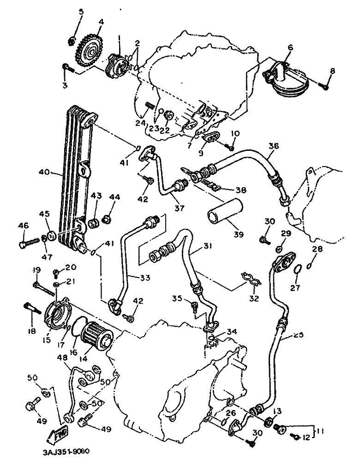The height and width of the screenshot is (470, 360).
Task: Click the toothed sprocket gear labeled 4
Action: [90, 50]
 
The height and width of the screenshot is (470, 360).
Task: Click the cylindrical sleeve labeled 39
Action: [225, 210]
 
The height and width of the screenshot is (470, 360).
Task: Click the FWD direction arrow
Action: [57, 434]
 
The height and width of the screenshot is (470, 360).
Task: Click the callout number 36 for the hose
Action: [274, 146]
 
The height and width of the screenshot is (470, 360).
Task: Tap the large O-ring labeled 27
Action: [297, 269]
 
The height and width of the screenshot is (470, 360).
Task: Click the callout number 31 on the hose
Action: [207, 246]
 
